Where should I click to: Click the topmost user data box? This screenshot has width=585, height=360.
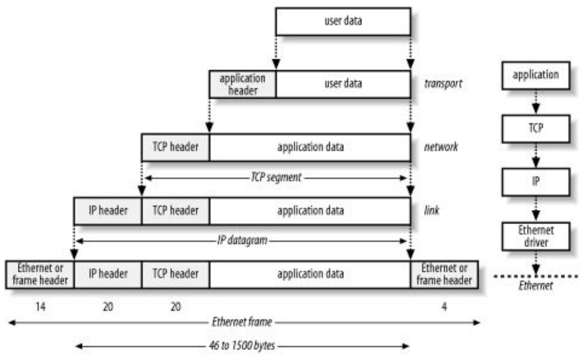343,21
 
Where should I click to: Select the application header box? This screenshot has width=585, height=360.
243,84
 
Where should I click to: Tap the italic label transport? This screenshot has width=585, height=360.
443,84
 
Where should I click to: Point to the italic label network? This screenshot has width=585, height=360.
441,147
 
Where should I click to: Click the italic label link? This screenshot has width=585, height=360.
432,210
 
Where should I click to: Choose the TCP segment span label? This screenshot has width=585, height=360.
276,177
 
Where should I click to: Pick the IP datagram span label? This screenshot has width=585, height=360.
242,240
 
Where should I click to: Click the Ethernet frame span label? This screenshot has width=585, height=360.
242,322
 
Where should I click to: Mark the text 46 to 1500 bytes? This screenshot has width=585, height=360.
242,346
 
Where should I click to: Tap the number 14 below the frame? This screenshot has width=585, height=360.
40,307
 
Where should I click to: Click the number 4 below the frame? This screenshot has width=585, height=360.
444,307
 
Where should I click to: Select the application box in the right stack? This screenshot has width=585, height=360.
535,76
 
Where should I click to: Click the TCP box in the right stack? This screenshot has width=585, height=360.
535,129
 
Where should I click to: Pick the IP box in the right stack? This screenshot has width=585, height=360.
535,182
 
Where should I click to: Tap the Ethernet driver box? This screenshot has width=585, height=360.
535,236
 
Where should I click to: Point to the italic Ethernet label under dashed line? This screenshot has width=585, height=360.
535,286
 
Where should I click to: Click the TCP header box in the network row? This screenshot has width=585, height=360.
176,147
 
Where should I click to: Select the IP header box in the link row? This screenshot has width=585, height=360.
108,211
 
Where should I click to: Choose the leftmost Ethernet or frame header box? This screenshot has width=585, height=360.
40,274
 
